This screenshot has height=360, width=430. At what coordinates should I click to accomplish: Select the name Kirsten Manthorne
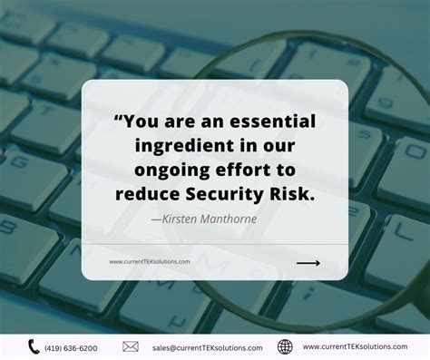[205, 218]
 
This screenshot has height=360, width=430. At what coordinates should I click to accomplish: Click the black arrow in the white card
[308, 263]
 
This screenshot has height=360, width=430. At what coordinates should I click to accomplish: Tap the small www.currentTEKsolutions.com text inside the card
[149, 262]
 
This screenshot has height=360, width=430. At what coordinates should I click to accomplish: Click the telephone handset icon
[34, 346]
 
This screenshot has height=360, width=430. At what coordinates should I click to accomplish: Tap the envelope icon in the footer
[131, 346]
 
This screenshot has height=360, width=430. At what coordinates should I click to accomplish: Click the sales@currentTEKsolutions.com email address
[207, 347]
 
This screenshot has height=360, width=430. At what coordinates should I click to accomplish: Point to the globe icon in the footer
[285, 346]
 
